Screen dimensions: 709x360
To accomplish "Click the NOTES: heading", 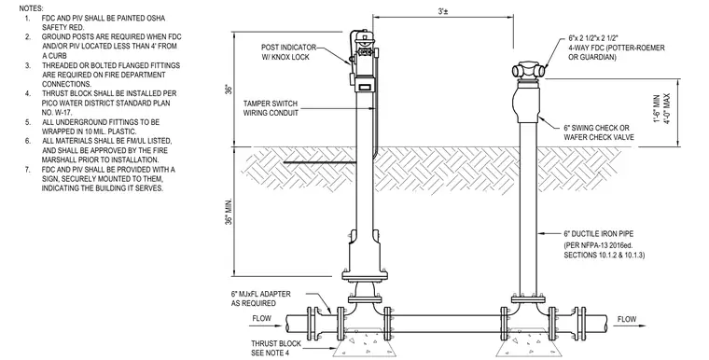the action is (31, 8).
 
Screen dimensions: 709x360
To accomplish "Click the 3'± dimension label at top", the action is (443, 12).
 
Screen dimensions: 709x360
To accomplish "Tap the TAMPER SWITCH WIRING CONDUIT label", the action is (271, 108).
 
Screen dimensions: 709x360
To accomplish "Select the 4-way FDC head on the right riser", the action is (529, 70).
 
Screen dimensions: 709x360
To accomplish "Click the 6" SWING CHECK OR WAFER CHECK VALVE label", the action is (599, 132).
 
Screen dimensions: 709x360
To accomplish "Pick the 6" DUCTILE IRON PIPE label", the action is (598, 234).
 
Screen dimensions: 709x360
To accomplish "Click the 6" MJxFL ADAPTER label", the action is (261, 298).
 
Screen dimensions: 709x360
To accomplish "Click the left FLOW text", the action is (262, 318).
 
